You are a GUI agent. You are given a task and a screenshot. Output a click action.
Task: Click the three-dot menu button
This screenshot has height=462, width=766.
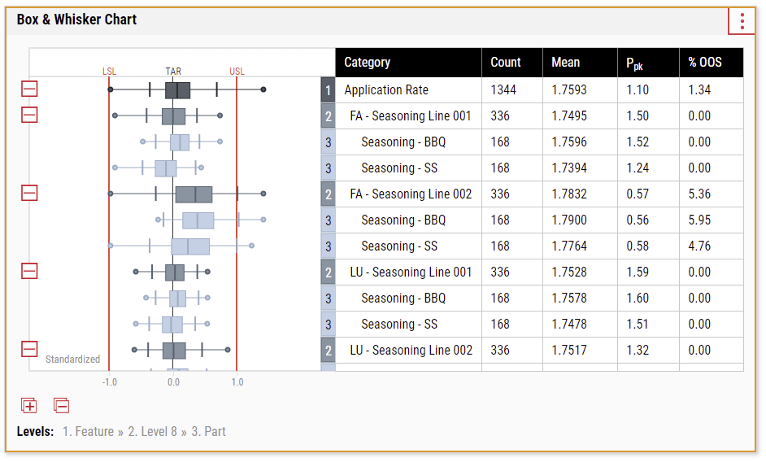[742, 21]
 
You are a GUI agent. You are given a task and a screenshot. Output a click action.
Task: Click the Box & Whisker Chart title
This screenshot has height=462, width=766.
[76, 20]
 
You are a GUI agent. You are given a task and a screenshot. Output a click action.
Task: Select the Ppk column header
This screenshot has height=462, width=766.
[634, 63]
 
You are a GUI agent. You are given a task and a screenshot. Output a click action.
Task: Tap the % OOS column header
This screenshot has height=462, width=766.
[705, 62]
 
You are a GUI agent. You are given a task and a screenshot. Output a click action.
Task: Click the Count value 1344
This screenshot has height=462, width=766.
[503, 90]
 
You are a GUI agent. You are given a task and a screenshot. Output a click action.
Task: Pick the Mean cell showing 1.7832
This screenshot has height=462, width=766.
[569, 194]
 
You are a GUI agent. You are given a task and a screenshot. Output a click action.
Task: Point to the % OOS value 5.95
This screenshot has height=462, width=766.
[699, 220]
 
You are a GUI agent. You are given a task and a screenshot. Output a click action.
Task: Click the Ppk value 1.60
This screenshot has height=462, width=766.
[638, 299]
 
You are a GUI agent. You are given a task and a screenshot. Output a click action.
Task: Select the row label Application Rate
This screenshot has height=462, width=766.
[386, 90]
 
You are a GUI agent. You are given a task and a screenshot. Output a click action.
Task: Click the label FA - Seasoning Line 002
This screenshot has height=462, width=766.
[411, 194]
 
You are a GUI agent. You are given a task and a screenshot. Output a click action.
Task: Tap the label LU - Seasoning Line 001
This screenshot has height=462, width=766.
[411, 272]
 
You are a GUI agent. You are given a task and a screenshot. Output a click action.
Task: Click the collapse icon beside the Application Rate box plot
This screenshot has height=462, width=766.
[29, 89]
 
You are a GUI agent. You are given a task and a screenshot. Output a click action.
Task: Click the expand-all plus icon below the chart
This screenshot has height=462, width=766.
[28, 405]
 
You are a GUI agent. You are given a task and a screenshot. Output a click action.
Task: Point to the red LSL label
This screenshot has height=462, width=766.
[110, 72]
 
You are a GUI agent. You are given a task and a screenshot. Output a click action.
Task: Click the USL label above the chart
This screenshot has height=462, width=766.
[237, 72]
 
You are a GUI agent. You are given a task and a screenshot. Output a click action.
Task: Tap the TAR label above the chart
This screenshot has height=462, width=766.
[173, 72]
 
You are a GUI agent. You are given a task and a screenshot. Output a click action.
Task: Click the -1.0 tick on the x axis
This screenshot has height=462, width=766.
[110, 381]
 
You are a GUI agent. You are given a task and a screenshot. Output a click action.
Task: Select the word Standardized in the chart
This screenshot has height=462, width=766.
[73, 360]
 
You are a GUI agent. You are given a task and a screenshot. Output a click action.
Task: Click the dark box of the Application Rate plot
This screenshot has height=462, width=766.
[177, 90]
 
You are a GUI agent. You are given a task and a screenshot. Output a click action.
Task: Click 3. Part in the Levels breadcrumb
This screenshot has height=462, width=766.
[209, 432]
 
